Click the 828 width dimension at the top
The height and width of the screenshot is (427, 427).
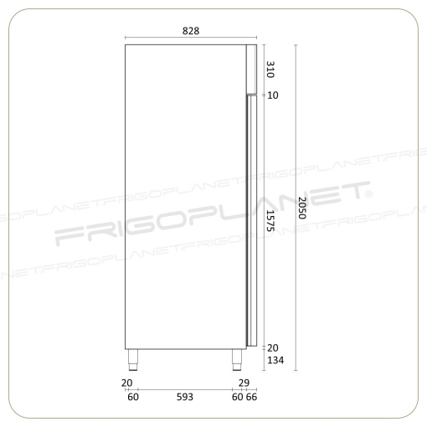pos(191,31)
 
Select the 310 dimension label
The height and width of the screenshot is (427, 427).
pos(270,69)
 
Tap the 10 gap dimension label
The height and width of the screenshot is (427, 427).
pos(273,95)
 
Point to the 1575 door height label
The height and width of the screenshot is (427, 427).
pos(270,220)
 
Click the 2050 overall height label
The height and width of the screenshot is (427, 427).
pos(302,208)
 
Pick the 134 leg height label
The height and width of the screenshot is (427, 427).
pos(275,360)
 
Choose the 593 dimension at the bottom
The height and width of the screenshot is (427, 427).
pos(185,397)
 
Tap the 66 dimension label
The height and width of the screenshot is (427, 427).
pos(251,397)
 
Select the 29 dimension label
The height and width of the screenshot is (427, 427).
pos(244,383)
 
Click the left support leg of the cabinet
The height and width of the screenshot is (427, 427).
pos(133,360)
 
